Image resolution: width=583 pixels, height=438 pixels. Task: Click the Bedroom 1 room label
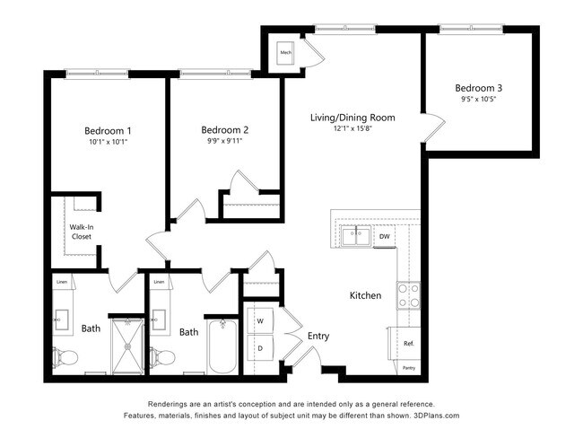(108, 130)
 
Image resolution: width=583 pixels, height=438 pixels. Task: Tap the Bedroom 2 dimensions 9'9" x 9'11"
(224, 141)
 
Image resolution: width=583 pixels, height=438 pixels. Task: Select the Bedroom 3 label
(478, 88)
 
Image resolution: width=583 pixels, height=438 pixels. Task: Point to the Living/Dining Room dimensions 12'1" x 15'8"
(352, 129)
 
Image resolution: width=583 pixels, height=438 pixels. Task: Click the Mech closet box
(286, 53)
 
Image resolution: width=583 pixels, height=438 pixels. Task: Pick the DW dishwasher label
(384, 237)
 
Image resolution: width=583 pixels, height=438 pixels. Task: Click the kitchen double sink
(356, 237)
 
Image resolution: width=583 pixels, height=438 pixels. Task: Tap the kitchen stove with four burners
(409, 295)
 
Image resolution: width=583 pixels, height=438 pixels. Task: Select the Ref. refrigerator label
(408, 343)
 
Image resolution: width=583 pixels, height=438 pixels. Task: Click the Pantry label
(409, 367)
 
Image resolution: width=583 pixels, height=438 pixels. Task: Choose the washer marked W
(261, 320)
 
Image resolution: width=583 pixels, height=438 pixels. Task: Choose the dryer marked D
(261, 347)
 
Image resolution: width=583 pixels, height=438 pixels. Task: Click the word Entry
(318, 336)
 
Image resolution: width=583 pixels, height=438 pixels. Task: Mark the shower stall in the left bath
(126, 344)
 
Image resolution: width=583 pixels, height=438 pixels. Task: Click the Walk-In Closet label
(82, 232)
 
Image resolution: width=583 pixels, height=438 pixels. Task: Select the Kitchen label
(365, 295)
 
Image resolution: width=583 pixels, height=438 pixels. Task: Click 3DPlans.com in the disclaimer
(436, 416)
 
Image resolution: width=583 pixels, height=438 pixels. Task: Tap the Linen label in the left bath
(61, 283)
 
